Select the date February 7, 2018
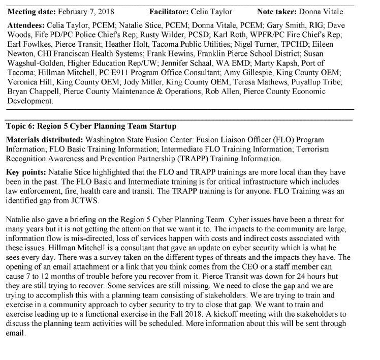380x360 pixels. click(x=86, y=11)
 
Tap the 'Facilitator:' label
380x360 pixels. click(x=169, y=11)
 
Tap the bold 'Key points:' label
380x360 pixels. click(x=25, y=172)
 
